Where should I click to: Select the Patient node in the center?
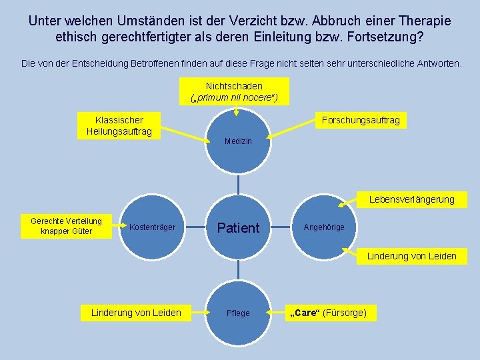pyautogui.click(x=238, y=227)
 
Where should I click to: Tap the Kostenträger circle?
pyautogui.click(x=152, y=227)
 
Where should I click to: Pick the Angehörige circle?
pyautogui.click(x=324, y=227)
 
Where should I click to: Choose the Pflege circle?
pyautogui.click(x=238, y=313)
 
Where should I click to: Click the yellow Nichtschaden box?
pyautogui.click(x=234, y=91)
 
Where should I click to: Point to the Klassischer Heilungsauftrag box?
pyautogui.click(x=119, y=125)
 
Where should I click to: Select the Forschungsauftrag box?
pyautogui.click(x=361, y=120)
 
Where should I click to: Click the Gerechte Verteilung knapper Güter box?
pyautogui.click(x=67, y=226)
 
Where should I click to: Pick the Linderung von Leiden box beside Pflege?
pyautogui.click(x=136, y=313)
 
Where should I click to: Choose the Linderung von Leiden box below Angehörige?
pyautogui.click(x=412, y=255)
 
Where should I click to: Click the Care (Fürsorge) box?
pyautogui.click(x=327, y=313)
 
